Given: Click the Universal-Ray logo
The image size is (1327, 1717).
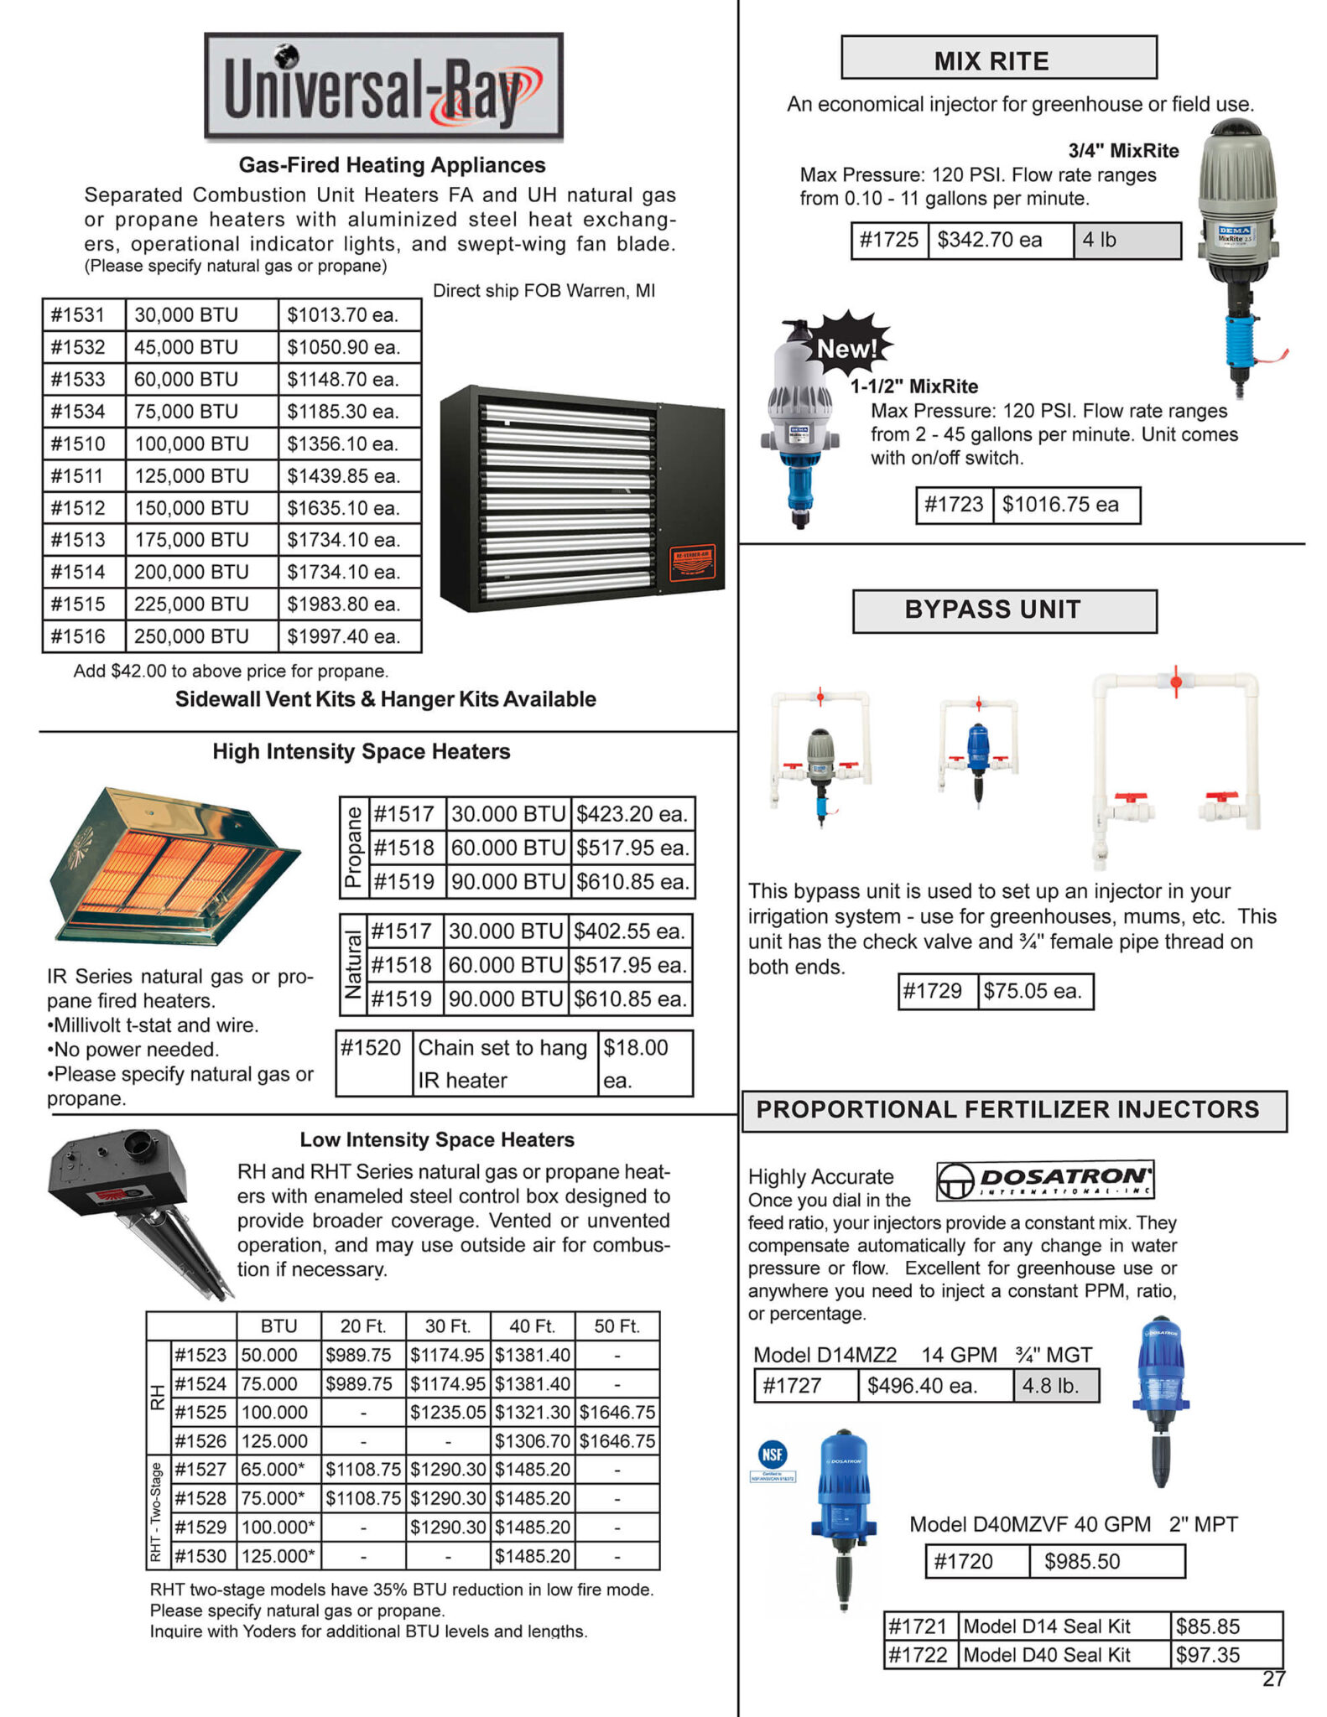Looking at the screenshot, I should tap(383, 86).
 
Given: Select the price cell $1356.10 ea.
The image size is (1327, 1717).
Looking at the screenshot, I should tap(348, 444).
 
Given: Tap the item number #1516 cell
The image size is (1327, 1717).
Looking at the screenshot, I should tap(82, 636).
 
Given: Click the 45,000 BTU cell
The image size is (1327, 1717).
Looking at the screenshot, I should tap(200, 347).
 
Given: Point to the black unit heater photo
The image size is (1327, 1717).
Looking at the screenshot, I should tap(582, 498).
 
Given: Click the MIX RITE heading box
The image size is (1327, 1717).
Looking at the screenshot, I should tap(998, 58).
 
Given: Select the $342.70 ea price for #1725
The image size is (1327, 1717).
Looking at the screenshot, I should tap(998, 241).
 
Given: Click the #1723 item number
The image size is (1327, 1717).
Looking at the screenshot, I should tap(953, 505).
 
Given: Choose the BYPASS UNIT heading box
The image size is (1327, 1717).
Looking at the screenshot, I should tap(1003, 610).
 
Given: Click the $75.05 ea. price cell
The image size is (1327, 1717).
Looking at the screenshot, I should tap(1034, 992).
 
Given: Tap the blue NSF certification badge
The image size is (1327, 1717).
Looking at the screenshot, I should tap(772, 1455).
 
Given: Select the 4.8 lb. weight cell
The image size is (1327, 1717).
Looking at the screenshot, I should tap(1054, 1386).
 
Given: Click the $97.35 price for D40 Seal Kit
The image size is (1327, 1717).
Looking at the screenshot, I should tap(1225, 1655).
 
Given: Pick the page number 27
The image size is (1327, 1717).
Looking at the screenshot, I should tap(1273, 1679).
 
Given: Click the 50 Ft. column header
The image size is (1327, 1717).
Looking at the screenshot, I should tap(617, 1326).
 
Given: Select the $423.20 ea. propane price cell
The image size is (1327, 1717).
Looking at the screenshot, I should tap(632, 814).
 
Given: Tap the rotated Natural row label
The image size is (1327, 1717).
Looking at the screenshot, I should tap(353, 965).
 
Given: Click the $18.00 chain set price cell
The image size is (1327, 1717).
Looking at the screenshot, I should tap(645, 1063).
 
